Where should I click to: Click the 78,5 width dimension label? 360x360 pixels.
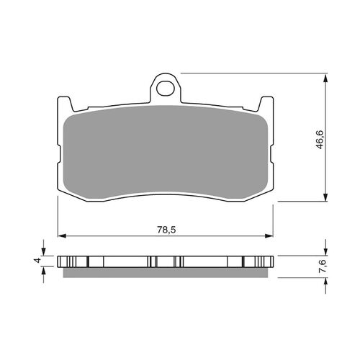[x=166, y=230]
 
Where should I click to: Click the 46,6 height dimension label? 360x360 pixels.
[x=320, y=140]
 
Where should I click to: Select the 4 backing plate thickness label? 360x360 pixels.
[x=37, y=261]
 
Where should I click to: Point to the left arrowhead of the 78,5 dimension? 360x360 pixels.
[x=62, y=235]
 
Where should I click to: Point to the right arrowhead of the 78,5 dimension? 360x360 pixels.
[x=269, y=235]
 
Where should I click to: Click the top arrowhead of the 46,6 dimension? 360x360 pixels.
[x=325, y=78]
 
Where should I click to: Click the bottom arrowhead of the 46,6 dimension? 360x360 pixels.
[x=325, y=197]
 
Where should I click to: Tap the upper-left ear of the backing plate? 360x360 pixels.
[x=65, y=104]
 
